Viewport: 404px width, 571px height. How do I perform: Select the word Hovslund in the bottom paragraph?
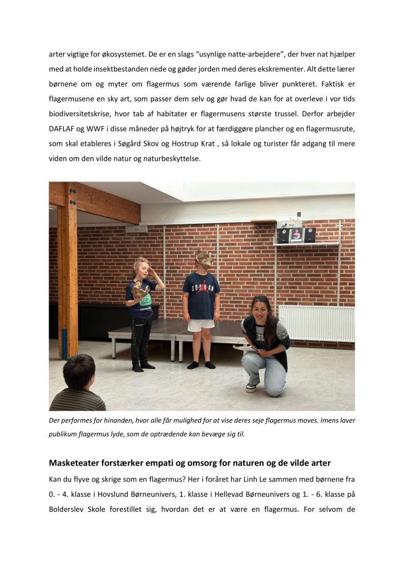click(x=125, y=495)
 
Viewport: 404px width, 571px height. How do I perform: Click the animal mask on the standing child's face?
click(x=203, y=260)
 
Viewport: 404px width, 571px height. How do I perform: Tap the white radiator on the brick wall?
click(x=316, y=323)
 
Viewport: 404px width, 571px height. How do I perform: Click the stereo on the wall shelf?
click(x=297, y=234)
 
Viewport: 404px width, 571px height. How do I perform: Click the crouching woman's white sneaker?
click(x=251, y=387)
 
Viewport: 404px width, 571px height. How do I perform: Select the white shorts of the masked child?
click(x=200, y=324)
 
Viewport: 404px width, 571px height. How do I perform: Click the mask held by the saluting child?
click(x=140, y=289)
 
